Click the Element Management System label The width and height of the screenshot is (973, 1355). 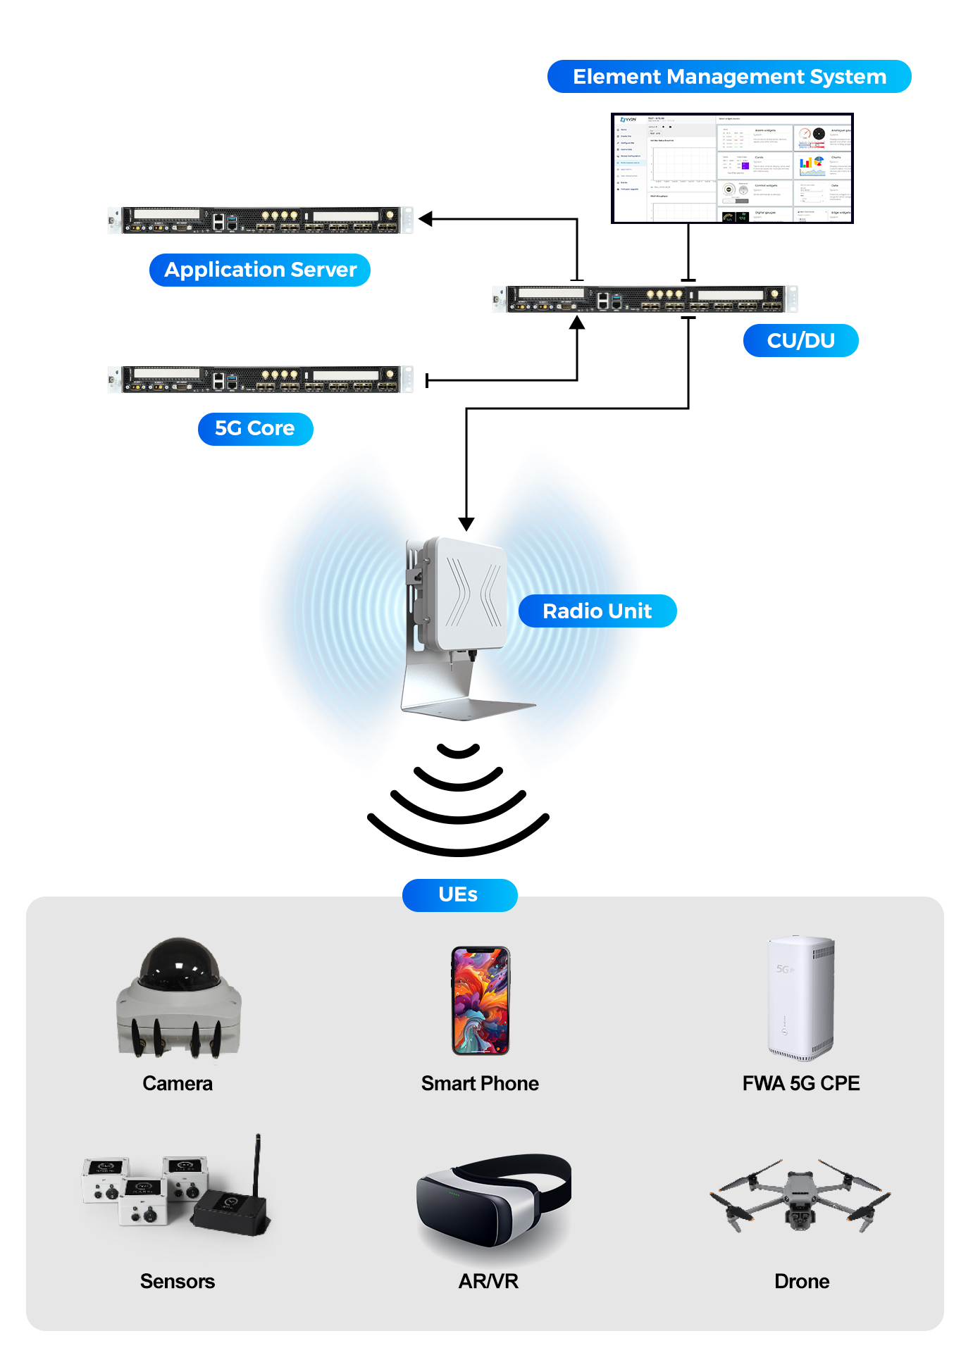729,77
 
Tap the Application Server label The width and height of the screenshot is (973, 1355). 260,270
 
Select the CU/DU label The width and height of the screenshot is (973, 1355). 800,341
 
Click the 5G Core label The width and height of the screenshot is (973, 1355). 255,429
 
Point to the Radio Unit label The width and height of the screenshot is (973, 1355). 597,611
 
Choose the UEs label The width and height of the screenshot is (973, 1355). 459,895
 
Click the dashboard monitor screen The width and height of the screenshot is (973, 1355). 732,168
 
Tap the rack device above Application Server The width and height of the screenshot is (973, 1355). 261,220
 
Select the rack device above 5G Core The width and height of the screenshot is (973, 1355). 261,379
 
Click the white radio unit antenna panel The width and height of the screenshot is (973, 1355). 471,593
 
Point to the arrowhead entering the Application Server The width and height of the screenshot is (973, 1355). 426,219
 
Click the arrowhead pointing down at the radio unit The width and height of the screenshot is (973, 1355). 466,524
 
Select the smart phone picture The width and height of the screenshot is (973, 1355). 481,1000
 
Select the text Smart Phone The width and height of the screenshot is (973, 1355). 480,1083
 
